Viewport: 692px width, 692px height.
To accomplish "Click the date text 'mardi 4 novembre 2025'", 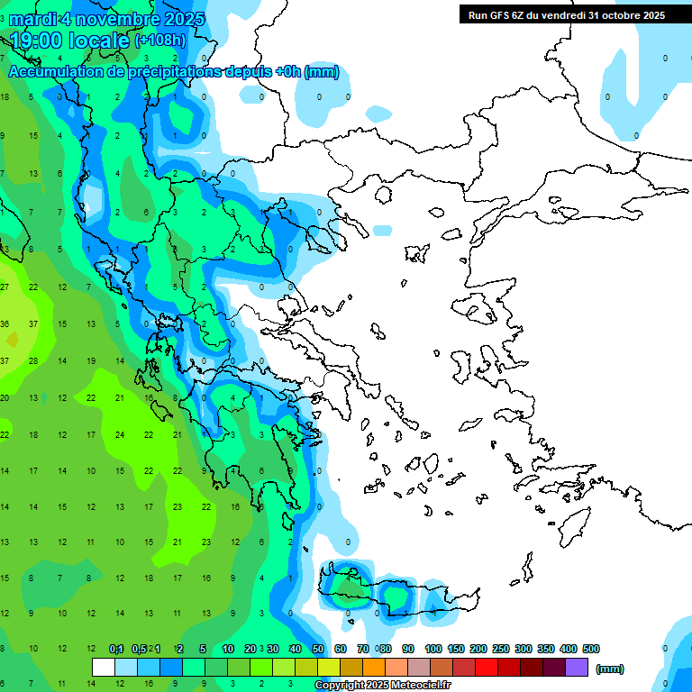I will click(x=106, y=19).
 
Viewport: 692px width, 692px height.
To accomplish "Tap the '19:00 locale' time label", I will click(x=70, y=40).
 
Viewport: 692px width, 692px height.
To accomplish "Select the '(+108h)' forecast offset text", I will click(x=160, y=41).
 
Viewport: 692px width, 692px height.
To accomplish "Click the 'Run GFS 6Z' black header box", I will click(x=567, y=14).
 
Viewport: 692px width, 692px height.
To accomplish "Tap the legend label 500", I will click(x=590, y=649).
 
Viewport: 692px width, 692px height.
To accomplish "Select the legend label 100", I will click(x=432, y=649).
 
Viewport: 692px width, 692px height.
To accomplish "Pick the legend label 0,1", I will click(x=116, y=649).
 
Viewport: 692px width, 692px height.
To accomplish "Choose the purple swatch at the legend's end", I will click(x=577, y=667).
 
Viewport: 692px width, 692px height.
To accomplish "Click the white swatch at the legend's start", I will click(x=104, y=667).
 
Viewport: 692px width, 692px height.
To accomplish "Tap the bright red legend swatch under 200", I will click(x=487, y=667).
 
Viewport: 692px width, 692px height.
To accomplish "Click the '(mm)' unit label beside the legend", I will click(x=610, y=669).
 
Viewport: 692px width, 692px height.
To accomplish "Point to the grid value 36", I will click(x=5, y=324).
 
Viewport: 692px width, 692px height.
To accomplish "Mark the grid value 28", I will click(x=33, y=360).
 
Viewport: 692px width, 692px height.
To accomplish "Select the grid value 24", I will click(x=120, y=434).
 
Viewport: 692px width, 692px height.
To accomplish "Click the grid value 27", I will click(x=5, y=287).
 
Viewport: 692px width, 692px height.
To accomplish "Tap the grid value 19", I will click(x=91, y=360).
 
